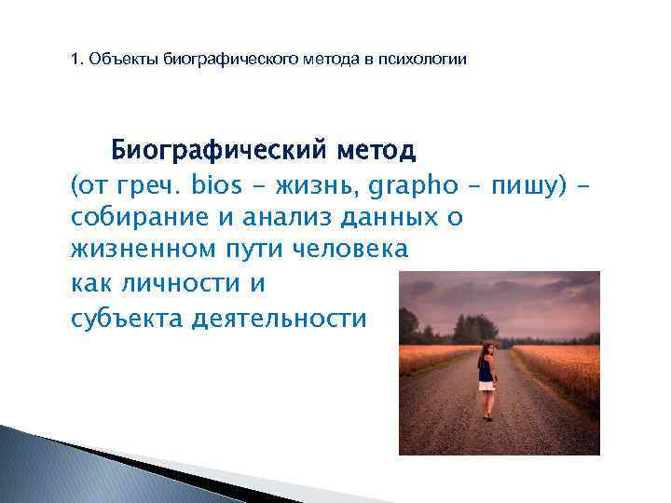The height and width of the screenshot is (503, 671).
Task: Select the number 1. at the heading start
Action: coord(77,61)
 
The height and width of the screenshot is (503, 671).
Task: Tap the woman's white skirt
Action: coord(486,385)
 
